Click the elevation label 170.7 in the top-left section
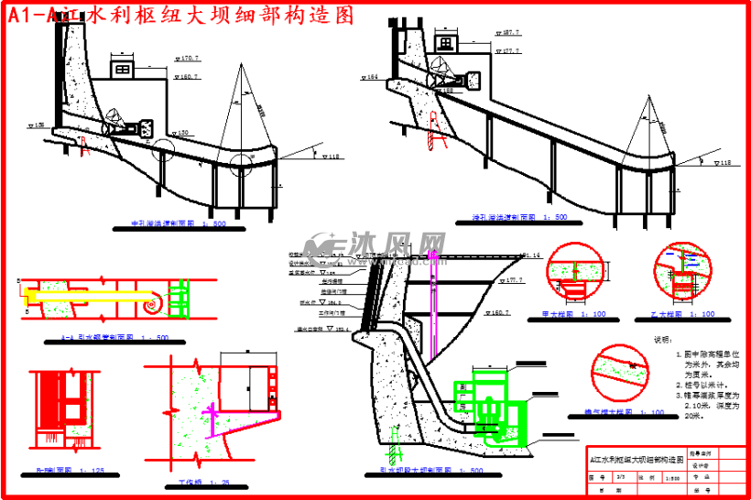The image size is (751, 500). pyautogui.click(x=188, y=59)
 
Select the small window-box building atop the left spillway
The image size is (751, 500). pyautogui.click(x=121, y=71)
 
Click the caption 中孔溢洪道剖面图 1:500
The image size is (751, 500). pyautogui.click(x=174, y=224)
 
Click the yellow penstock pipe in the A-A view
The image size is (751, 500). pyautogui.click(x=82, y=295)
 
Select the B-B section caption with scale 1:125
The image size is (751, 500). pyautogui.click(x=70, y=471)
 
